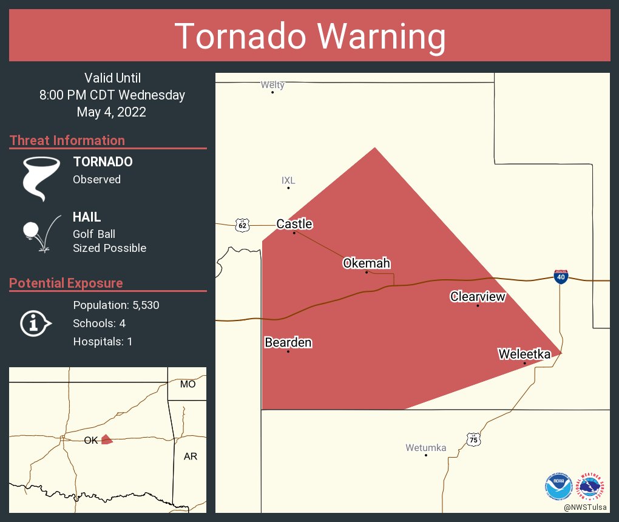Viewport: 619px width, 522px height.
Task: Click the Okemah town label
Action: pyautogui.click(x=366, y=263)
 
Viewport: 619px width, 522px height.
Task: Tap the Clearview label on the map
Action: pyautogui.click(x=477, y=297)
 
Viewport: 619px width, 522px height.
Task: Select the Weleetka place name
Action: pyautogui.click(x=524, y=354)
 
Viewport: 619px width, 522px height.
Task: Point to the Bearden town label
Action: pyautogui.click(x=288, y=343)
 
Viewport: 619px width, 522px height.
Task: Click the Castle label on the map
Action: pyautogui.click(x=294, y=224)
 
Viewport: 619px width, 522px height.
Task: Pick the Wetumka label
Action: pyautogui.click(x=425, y=448)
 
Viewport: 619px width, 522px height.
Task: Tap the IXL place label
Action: pyautogui.click(x=288, y=180)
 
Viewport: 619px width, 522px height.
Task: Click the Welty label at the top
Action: pyautogui.click(x=272, y=85)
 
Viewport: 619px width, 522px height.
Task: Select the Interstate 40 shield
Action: pyautogui.click(x=560, y=277)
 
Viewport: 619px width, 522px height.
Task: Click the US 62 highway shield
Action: pyautogui.click(x=243, y=225)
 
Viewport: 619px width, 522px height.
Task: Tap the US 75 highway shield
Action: pyautogui.click(x=473, y=439)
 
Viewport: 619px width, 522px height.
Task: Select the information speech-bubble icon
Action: pyautogui.click(x=36, y=323)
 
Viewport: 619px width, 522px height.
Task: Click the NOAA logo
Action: pyautogui.click(x=558, y=486)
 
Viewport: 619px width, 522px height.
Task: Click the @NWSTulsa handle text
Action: pyautogui.click(x=586, y=507)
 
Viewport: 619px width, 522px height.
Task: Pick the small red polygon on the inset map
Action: pyautogui.click(x=107, y=439)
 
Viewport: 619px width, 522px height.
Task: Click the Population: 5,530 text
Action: pyautogui.click(x=116, y=305)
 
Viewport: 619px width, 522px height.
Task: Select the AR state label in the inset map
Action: pyautogui.click(x=191, y=456)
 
